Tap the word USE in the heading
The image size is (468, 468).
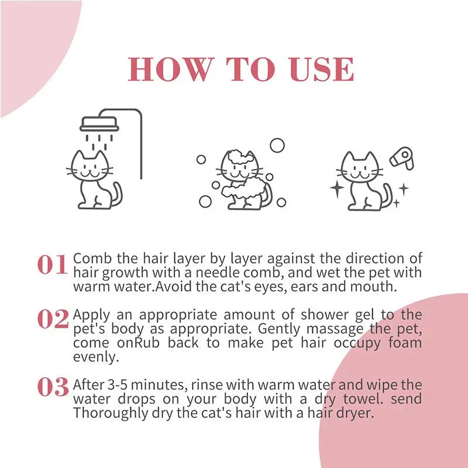tap(322, 70)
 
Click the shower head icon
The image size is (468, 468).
tap(99, 123)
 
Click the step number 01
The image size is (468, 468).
tap(53, 265)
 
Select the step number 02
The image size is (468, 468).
tap(53, 319)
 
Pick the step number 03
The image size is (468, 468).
tap(53, 387)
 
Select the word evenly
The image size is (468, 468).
tap(92, 356)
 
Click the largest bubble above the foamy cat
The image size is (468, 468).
tap(277, 146)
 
